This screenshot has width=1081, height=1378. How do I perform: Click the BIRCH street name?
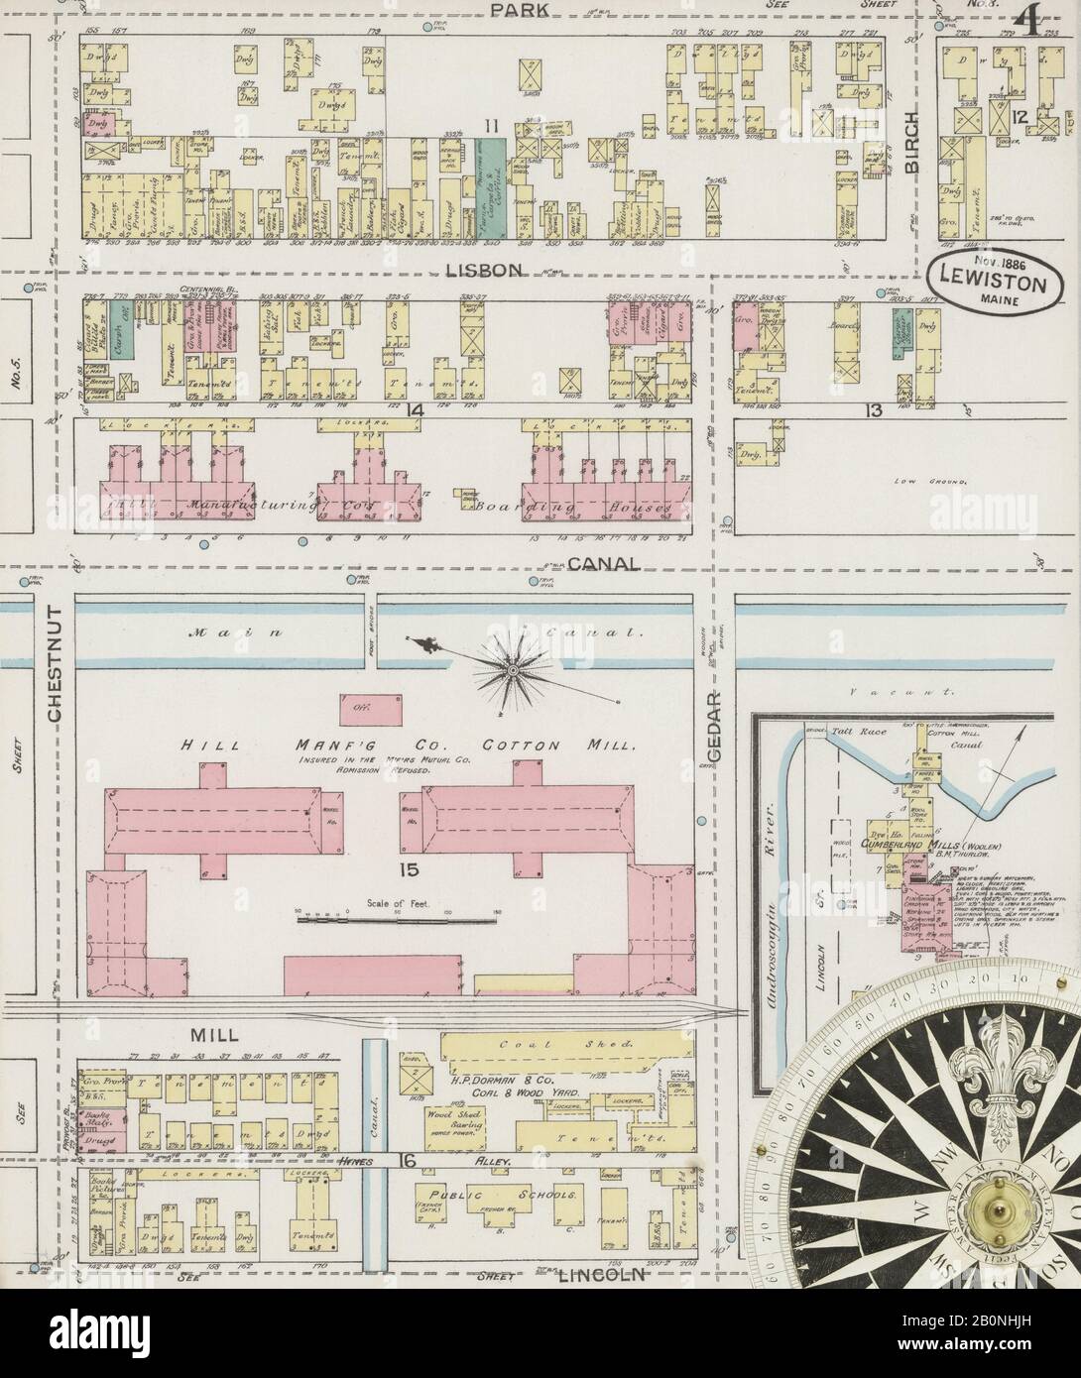[913, 146]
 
